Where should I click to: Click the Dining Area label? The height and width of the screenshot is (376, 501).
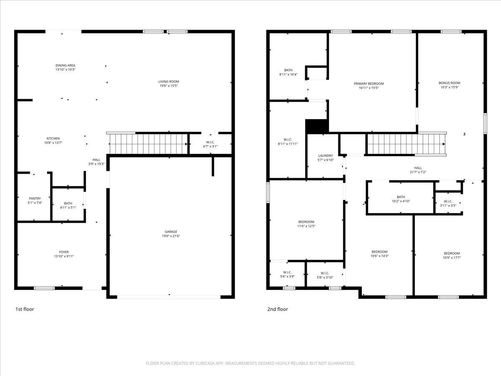point(66,65)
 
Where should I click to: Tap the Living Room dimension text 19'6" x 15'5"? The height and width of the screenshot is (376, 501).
point(169,86)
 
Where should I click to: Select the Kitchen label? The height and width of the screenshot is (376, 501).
point(53,138)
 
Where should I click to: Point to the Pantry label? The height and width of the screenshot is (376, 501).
point(35,198)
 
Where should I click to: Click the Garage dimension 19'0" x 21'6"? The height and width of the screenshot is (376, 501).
point(170,236)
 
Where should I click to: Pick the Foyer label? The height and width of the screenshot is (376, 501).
point(64,252)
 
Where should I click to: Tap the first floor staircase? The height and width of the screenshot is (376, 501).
point(148,143)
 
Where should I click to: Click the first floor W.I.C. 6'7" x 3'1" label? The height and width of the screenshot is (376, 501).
point(210,144)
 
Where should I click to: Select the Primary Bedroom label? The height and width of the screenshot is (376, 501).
point(369,84)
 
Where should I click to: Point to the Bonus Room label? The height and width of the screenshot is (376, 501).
point(449,83)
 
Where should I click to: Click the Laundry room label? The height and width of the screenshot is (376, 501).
point(325,156)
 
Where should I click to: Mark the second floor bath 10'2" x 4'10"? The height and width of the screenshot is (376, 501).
point(401,199)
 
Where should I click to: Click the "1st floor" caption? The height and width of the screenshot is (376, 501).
point(25,309)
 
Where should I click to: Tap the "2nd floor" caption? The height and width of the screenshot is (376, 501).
point(278,309)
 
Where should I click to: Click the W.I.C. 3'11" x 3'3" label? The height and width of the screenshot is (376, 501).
point(447,203)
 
